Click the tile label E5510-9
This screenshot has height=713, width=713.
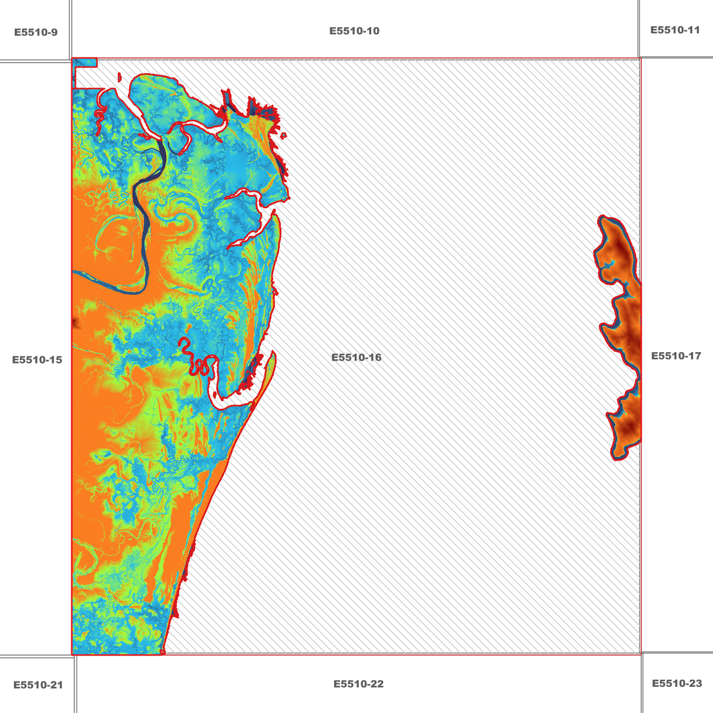[36, 33]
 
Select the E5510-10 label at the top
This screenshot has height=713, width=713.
[354, 31]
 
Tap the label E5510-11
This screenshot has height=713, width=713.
[675, 30]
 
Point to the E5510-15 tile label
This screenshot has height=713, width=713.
[37, 360]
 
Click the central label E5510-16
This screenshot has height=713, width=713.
[356, 357]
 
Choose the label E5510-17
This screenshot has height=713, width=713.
[675, 356]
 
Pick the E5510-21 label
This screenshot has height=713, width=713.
[38, 685]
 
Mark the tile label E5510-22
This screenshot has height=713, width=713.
[358, 684]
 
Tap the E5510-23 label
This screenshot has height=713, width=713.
[676, 683]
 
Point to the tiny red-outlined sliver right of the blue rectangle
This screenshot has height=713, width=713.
[119, 77]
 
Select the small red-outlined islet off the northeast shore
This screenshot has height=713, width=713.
[284, 135]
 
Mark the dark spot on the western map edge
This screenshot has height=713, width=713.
[75, 323]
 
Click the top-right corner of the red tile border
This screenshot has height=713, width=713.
[640, 58]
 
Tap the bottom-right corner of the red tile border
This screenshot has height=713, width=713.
[640, 654]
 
